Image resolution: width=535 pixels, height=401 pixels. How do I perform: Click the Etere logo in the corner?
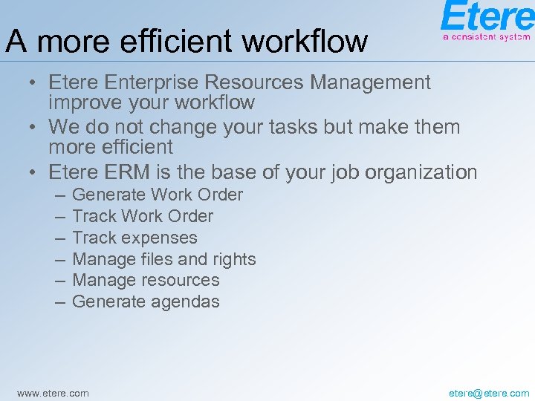[487, 17]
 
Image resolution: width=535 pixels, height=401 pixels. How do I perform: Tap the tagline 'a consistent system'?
[487, 36]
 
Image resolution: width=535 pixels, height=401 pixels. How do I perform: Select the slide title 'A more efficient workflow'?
[187, 41]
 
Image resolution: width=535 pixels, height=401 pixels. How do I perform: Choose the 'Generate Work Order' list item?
[158, 195]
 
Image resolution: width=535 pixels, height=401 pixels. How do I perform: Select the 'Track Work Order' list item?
[143, 216]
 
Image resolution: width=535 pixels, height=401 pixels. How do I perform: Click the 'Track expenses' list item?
[134, 238]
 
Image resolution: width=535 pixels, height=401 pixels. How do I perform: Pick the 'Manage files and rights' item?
[164, 259]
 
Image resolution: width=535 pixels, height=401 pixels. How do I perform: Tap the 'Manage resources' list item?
[146, 280]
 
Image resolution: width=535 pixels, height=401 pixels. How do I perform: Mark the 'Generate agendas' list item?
[146, 301]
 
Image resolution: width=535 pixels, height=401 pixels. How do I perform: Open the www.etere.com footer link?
[53, 393]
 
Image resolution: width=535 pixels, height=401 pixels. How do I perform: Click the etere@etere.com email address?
[489, 393]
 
